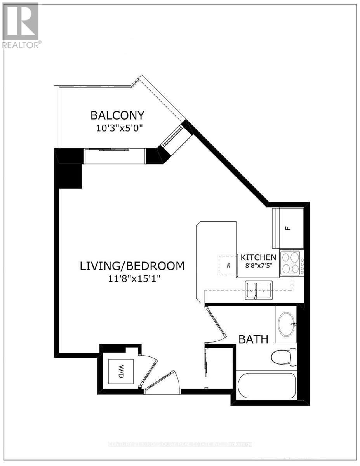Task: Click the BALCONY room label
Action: tap(117, 115)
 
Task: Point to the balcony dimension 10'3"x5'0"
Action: tap(117, 128)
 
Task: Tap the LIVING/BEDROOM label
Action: tap(132, 266)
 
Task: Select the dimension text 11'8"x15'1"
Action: tap(132, 279)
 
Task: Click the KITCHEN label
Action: tap(259, 257)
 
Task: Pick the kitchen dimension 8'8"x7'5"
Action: tap(259, 266)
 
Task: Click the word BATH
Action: tap(253, 339)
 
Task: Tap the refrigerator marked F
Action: tap(288, 228)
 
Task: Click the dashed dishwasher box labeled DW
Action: tap(228, 266)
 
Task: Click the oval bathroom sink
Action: tap(287, 324)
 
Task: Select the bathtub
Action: tap(266, 386)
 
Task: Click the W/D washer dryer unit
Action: tap(121, 372)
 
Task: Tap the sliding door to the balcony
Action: tap(115, 150)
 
